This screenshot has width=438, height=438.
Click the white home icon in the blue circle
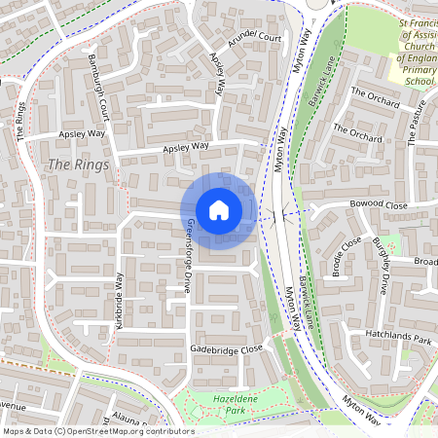219,210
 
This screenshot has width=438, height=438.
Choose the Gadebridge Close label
227,348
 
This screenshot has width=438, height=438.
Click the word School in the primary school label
418,83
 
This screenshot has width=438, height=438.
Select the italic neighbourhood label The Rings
72,164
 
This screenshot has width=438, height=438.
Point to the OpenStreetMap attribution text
97,431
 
